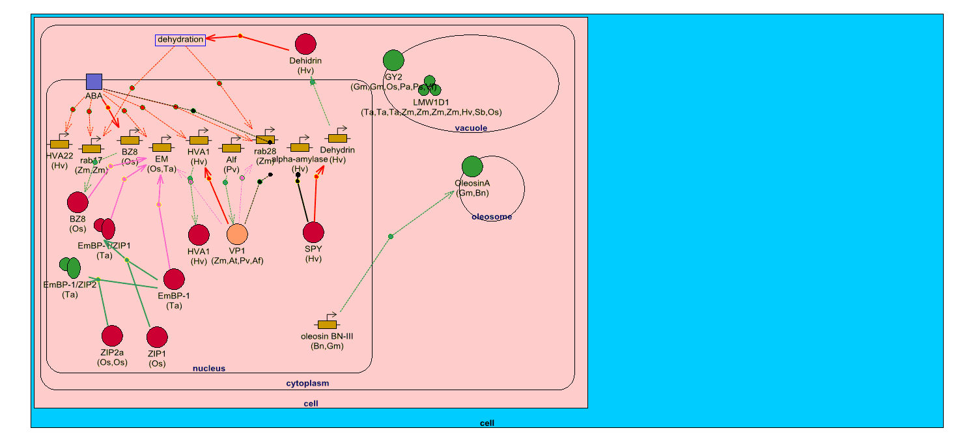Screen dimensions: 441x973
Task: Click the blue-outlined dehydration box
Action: (180, 40)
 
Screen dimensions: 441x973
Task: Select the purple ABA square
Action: (94, 81)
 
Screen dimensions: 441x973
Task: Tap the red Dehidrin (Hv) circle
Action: (305, 44)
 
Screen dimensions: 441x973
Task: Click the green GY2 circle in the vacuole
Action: (393, 60)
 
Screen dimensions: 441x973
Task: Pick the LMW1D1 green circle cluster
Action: (430, 86)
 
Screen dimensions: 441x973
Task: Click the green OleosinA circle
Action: (472, 167)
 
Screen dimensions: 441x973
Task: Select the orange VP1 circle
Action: (237, 233)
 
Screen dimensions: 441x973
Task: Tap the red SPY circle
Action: (314, 233)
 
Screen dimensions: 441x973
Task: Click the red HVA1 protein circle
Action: (199, 235)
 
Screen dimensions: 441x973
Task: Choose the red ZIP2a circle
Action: (112, 335)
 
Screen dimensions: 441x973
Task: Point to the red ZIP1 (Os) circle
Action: (157, 337)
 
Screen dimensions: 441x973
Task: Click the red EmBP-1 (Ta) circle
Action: (174, 279)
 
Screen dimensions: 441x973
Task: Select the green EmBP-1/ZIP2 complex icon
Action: (70, 266)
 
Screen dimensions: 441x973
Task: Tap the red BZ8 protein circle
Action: (78, 203)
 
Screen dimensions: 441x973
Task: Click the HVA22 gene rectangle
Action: (59, 144)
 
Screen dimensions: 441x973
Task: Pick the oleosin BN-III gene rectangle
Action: (326, 324)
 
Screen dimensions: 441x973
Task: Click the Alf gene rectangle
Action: (231, 148)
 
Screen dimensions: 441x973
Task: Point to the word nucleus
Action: (209, 369)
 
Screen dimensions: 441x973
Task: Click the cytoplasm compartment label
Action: (307, 384)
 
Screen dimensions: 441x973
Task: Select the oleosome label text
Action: (492, 217)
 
